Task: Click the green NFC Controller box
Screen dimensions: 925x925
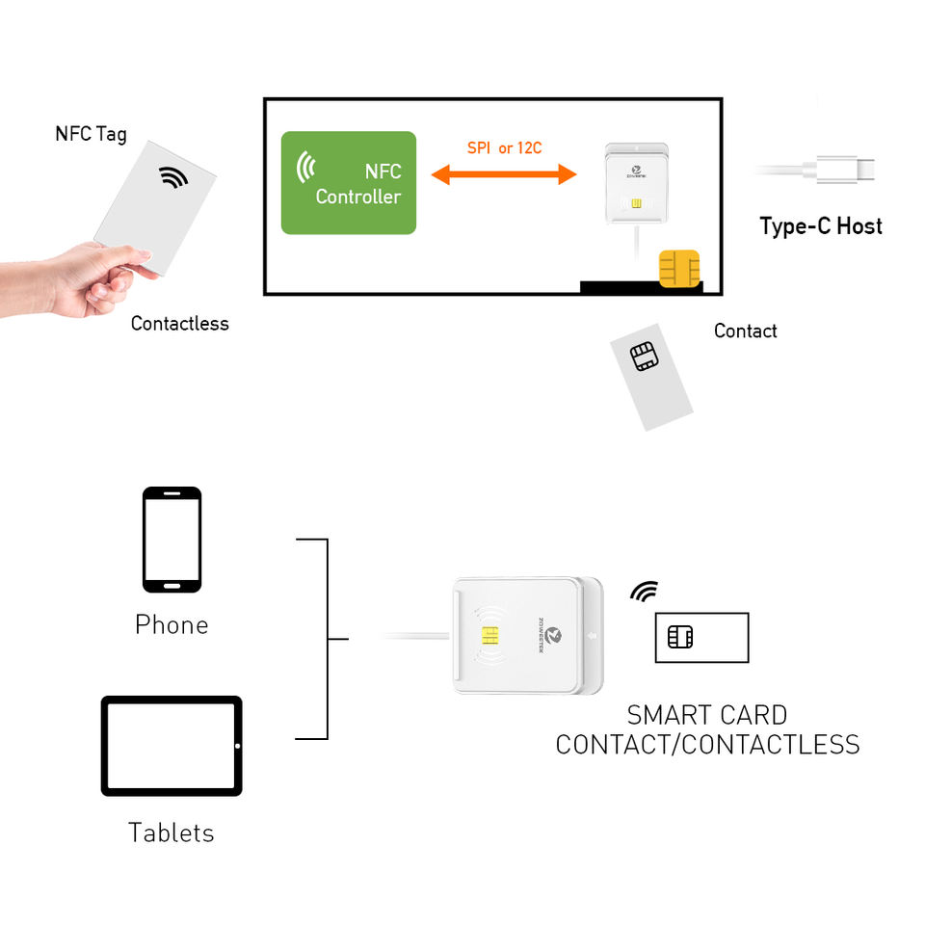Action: [348, 183]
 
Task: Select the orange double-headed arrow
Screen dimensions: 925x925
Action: [503, 174]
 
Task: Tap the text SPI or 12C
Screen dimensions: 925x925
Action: [504, 148]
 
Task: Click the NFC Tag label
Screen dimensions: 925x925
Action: [91, 133]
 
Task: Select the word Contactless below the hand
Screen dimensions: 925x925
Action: [180, 324]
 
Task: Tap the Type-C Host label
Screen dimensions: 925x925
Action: [821, 226]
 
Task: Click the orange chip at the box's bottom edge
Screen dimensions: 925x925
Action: [678, 269]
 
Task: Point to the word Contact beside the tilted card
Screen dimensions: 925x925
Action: [745, 330]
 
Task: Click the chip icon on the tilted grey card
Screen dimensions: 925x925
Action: [643, 357]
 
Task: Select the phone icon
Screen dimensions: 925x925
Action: [172, 539]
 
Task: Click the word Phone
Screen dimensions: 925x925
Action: [172, 624]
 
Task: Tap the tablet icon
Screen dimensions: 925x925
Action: [172, 746]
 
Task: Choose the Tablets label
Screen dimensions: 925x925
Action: [172, 832]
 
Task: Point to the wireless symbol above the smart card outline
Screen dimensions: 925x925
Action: [644, 592]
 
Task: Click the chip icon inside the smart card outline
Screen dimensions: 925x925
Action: [680, 637]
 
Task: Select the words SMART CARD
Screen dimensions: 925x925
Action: [706, 715]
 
